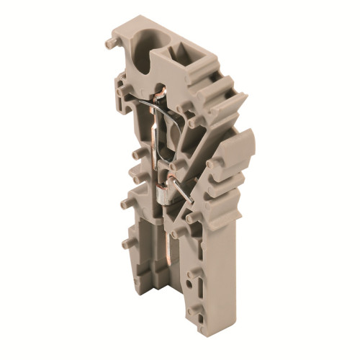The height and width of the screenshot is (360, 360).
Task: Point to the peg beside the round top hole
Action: pyautogui.click(x=109, y=42)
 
